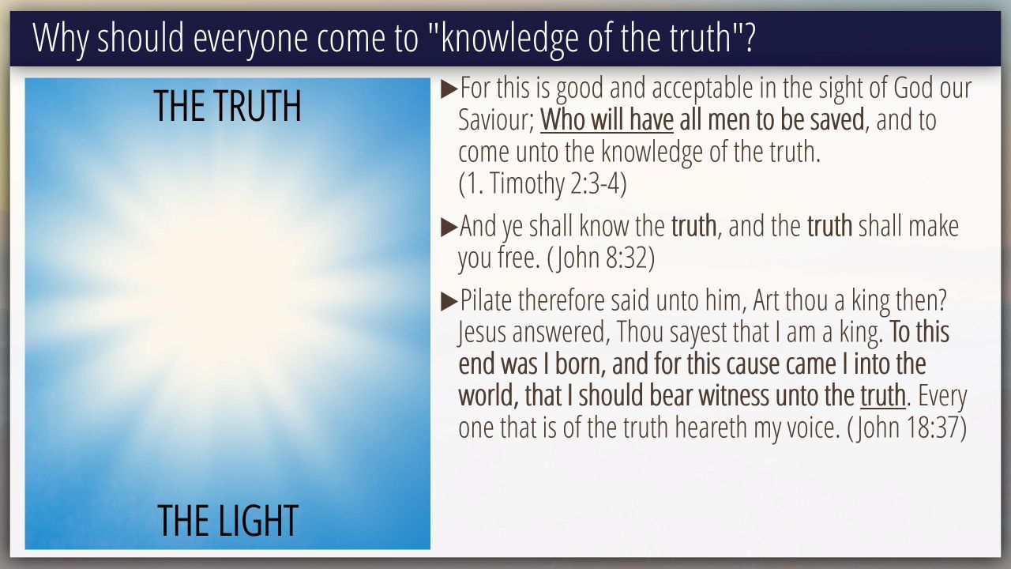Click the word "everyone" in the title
250,39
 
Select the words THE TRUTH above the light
227,106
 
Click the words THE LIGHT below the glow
228,520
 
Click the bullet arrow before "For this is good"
449,89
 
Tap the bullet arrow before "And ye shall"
449,227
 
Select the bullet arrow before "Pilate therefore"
449,301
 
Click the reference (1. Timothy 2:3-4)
543,184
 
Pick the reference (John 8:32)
601,258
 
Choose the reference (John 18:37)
908,428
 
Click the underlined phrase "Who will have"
607,120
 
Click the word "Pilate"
486,300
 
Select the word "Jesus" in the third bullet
482,333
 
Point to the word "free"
519,258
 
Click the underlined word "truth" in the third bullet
883,396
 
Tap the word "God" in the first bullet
914,88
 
